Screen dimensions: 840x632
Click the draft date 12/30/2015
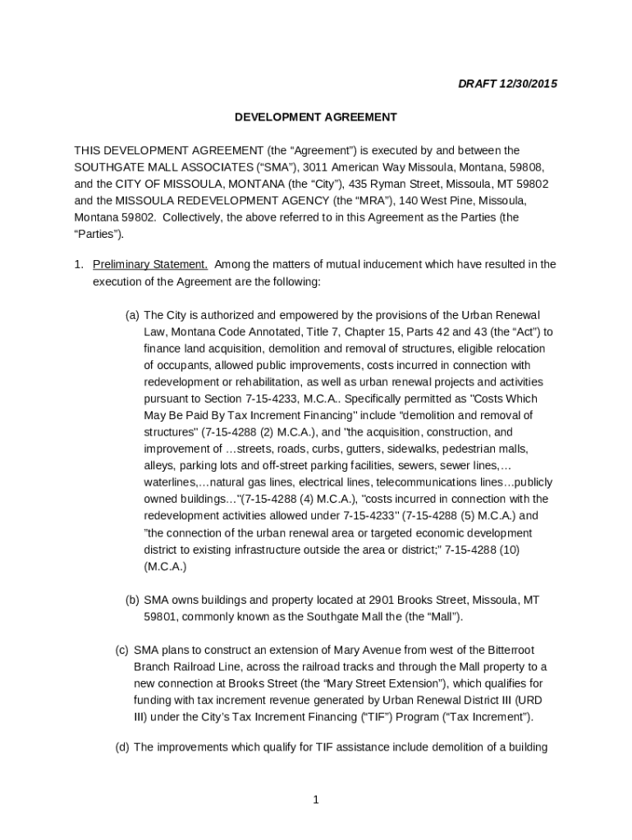(527, 84)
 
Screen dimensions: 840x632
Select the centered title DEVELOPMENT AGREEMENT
(315, 117)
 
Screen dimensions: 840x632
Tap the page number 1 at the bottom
(315, 801)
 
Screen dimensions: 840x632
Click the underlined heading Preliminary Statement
(150, 264)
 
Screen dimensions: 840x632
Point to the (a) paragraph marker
(131, 315)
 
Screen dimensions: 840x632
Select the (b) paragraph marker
(131, 600)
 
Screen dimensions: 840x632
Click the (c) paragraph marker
(121, 650)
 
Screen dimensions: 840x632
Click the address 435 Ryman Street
(395, 184)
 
